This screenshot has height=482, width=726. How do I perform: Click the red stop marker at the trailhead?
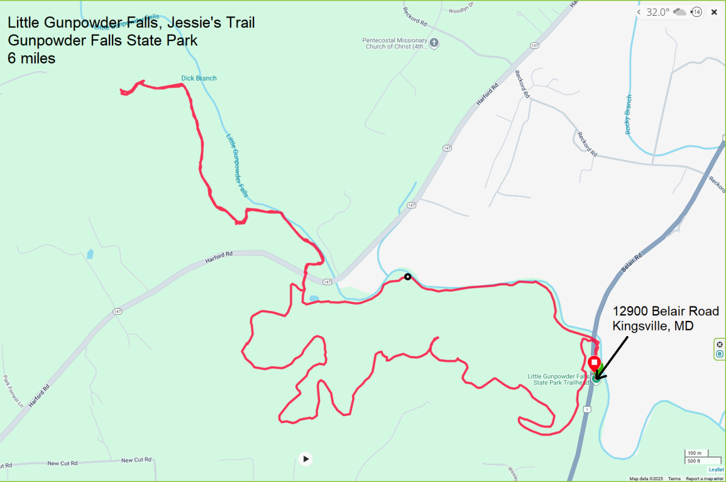[x=594, y=363]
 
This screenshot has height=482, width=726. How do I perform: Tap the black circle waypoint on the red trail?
[x=408, y=277]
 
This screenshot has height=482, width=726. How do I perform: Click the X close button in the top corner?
[x=714, y=12]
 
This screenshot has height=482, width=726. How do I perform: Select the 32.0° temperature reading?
[x=658, y=12]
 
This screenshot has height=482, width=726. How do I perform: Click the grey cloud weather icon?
[x=680, y=12]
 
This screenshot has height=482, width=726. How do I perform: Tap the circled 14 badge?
[x=696, y=12]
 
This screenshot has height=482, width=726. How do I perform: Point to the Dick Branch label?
[x=198, y=78]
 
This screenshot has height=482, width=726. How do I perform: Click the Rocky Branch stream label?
[x=629, y=114]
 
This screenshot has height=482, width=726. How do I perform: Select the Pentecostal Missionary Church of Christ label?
[x=394, y=44]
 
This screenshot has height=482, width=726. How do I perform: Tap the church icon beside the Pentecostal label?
[x=434, y=42]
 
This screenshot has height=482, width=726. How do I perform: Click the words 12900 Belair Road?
[x=665, y=311]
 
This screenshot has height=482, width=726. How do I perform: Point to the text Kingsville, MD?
[x=652, y=326]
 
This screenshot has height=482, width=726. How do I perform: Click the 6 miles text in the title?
[x=31, y=58]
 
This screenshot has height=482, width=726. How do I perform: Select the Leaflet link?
[x=716, y=469]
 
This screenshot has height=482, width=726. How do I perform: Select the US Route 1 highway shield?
[x=587, y=409]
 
